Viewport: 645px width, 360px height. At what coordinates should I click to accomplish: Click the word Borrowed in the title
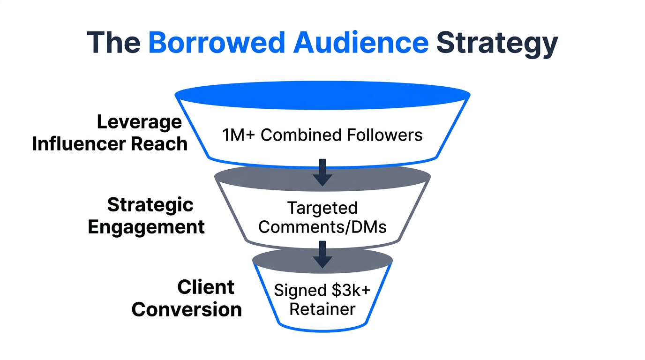(216, 43)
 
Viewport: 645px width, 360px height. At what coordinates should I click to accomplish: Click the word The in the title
(113, 43)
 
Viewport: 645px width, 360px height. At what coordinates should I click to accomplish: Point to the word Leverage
(139, 123)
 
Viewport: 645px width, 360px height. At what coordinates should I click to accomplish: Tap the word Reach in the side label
(161, 144)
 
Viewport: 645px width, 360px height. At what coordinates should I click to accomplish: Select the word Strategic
(150, 205)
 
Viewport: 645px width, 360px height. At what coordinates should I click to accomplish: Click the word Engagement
(146, 227)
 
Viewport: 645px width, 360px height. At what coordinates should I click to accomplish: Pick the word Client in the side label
(206, 287)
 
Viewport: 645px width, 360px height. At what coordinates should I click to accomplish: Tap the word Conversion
(187, 310)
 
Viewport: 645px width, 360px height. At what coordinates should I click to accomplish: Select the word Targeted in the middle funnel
(322, 208)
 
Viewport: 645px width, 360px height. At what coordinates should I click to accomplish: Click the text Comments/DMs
(322, 227)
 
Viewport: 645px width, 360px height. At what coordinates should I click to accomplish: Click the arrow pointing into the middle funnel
(322, 172)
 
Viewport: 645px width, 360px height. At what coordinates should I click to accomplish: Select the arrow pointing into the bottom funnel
(322, 254)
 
